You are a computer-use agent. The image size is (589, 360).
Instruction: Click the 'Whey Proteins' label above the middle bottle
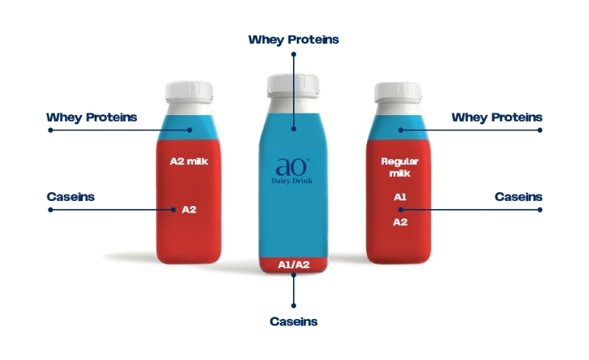tap(293, 40)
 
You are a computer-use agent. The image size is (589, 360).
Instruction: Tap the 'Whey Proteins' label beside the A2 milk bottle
tap(92, 117)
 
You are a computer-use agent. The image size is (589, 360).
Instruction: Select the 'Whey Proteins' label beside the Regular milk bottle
tap(497, 117)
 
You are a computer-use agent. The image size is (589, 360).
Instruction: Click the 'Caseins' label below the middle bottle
tap(293, 322)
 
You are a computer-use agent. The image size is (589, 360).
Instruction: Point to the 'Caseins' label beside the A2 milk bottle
tap(70, 197)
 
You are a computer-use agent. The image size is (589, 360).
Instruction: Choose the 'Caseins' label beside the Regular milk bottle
tap(519, 197)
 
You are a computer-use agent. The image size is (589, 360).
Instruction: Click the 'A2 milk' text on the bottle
tap(189, 161)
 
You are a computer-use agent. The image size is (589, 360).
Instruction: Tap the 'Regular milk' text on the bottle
tap(400, 167)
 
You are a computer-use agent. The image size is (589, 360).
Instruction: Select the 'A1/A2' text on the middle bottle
tap(294, 265)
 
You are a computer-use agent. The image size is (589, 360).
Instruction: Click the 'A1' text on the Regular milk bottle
tap(400, 197)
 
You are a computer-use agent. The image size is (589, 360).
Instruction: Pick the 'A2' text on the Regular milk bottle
tap(400, 222)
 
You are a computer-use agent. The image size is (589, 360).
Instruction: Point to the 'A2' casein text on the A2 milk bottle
tap(189, 210)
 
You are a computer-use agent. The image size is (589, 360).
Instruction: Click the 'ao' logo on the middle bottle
tap(292, 167)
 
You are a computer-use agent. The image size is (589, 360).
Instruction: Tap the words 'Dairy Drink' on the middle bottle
tap(292, 181)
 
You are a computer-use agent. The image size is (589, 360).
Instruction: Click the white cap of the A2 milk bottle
tap(189, 92)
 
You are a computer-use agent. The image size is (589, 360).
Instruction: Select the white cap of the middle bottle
tap(293, 85)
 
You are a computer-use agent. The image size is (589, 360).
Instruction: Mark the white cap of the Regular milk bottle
tap(398, 92)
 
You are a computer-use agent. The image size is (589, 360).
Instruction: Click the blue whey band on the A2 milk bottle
tap(188, 128)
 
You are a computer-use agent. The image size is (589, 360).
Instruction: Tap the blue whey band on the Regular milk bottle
tap(399, 128)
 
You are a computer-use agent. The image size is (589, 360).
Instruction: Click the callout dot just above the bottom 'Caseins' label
tap(293, 306)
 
